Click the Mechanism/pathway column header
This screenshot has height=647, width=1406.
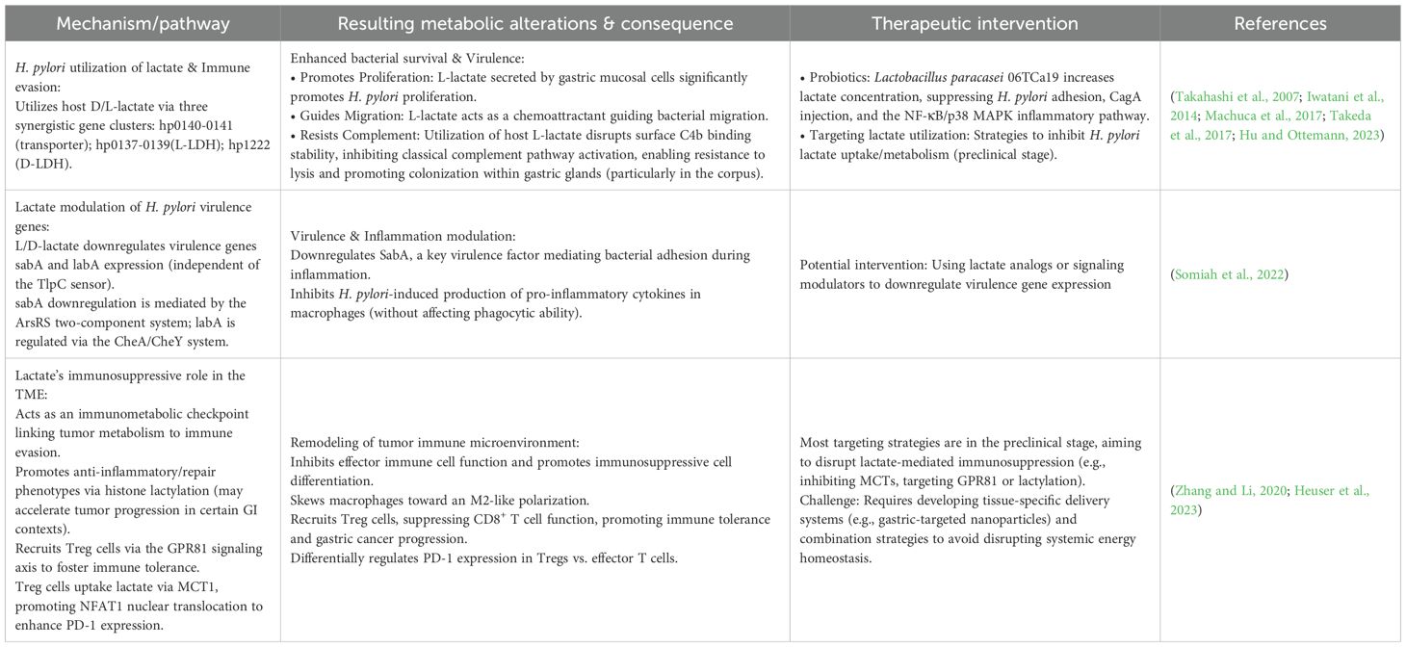[x=142, y=23]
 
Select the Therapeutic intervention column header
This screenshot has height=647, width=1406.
[x=975, y=23]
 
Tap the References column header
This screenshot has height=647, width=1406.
[x=1280, y=23]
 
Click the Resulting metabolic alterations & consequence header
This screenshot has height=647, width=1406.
[x=534, y=23]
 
